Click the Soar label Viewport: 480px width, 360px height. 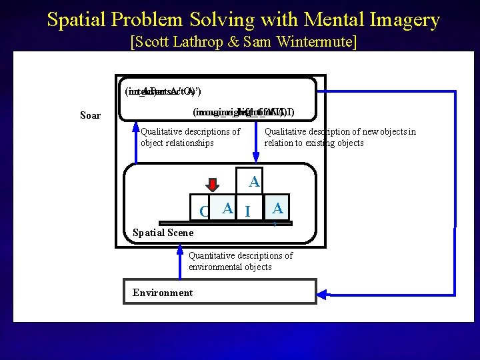pyautogui.click(x=90, y=115)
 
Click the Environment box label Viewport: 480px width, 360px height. pyautogui.click(x=163, y=293)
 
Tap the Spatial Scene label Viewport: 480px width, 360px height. pyautogui.click(x=163, y=233)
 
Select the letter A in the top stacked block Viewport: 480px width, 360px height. pyautogui.click(x=253, y=181)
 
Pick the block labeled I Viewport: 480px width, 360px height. pyautogui.click(x=247, y=211)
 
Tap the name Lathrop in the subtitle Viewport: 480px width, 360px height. pyautogui.click(x=205, y=42)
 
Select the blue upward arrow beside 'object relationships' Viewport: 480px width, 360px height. pyautogui.click(x=136, y=143)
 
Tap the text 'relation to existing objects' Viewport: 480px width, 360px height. pyautogui.click(x=314, y=143)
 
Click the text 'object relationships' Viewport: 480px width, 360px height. pyautogui.click(x=177, y=143)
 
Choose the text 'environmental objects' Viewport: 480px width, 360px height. pyautogui.click(x=230, y=267)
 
